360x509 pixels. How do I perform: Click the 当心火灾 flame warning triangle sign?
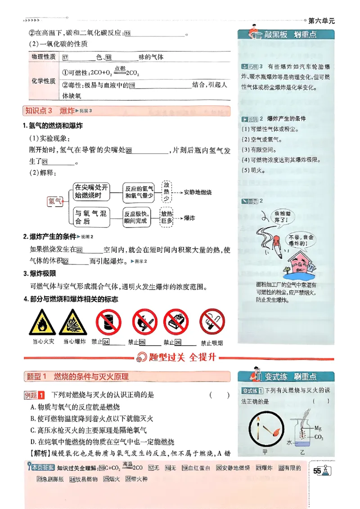43,323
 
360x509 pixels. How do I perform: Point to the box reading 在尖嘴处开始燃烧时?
91,192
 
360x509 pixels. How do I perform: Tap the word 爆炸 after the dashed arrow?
189,218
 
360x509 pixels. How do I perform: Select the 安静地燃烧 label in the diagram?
198,192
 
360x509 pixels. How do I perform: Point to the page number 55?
317,471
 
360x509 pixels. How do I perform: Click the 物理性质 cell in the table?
43,57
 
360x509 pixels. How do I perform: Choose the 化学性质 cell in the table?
43,81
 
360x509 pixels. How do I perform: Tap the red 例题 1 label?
34,395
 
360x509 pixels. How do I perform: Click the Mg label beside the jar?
318,428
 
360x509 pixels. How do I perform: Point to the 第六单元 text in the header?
322,21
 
